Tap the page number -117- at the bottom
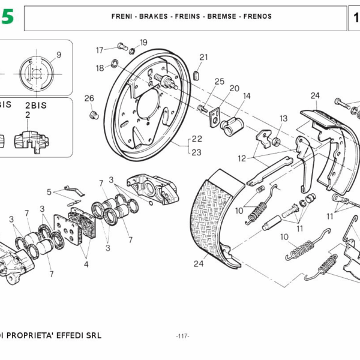pyautogui.click(x=182, y=336)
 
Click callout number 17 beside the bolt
pyautogui.click(x=100, y=50)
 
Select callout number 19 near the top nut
pyautogui.click(x=143, y=43)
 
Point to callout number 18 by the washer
pyautogui.click(x=100, y=68)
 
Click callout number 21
pyautogui.click(x=203, y=58)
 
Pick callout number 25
pyautogui.click(x=219, y=82)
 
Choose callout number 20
pyautogui.click(x=234, y=88)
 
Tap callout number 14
pyautogui.click(x=247, y=96)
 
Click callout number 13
pyautogui.click(x=283, y=118)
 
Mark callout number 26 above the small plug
pyautogui.click(x=89, y=98)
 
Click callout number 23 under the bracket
pyautogui.click(x=196, y=152)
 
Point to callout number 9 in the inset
pyautogui.click(x=59, y=55)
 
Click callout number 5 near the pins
pyautogui.click(x=50, y=192)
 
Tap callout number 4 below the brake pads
pyautogui.click(x=86, y=263)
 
